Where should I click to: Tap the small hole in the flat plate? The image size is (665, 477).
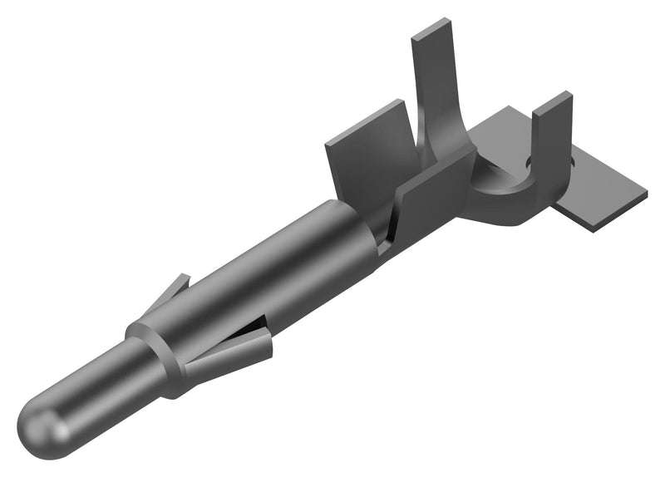(530, 160)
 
